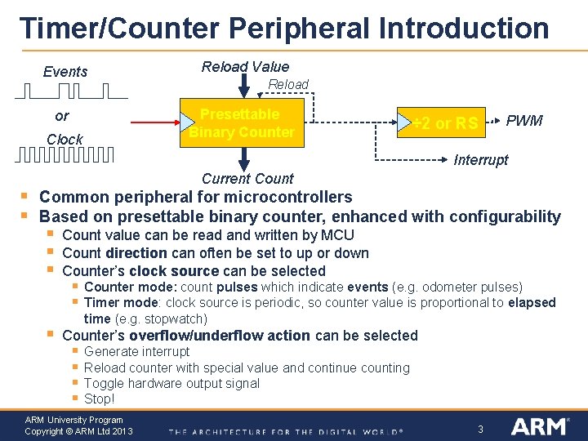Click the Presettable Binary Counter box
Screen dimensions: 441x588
coord(242,123)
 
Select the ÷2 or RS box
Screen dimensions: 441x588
coord(445,123)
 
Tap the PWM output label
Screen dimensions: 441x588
coord(523,121)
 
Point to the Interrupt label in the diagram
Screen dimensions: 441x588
coord(480,160)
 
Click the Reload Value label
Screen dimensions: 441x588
coord(245,67)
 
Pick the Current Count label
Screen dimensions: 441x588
coord(247,178)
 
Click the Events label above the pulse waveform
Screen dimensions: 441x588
coord(65,72)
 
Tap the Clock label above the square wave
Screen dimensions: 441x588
coord(65,139)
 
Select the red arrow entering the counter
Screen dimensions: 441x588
coord(155,123)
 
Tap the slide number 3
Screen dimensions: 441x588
coord(481,429)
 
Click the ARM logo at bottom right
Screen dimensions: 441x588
coord(539,426)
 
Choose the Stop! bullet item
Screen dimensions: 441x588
coord(100,399)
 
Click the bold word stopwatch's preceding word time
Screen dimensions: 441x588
coord(97,318)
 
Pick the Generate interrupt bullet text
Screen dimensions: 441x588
coord(136,352)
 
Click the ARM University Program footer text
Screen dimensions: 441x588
coord(74,420)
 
